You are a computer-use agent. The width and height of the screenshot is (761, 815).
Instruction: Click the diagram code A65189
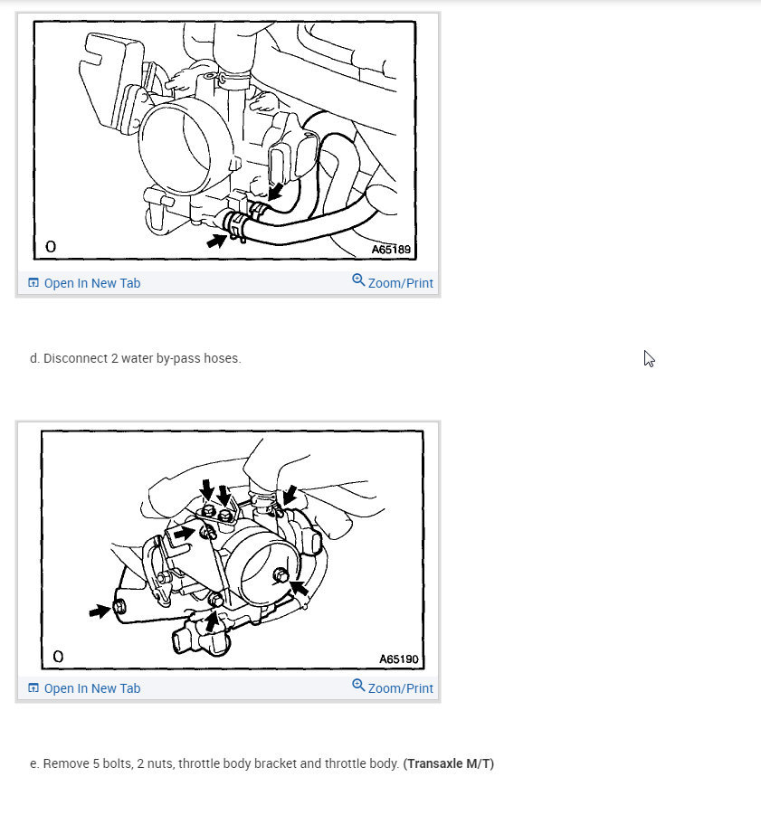click(x=391, y=250)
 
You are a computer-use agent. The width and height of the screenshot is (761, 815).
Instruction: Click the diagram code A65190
click(x=399, y=659)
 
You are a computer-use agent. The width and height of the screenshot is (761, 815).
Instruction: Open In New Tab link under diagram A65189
click(x=92, y=283)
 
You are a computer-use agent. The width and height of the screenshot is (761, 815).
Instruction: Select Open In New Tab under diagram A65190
click(x=92, y=688)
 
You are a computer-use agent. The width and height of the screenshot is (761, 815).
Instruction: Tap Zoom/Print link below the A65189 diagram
click(x=400, y=283)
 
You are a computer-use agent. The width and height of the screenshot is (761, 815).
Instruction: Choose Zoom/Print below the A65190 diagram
click(x=400, y=688)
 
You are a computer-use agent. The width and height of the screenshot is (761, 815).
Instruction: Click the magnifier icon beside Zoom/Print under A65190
click(x=358, y=685)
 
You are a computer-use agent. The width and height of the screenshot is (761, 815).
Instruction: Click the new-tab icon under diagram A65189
click(x=33, y=283)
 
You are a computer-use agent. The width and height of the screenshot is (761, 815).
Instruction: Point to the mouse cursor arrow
click(x=649, y=358)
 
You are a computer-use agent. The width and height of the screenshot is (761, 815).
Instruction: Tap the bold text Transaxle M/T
click(x=449, y=763)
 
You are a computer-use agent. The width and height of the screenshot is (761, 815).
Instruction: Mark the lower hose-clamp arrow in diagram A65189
click(x=216, y=241)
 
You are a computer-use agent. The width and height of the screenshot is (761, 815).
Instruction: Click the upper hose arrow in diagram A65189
click(x=275, y=191)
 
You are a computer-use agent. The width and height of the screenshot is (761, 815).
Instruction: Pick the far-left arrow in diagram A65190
click(x=100, y=611)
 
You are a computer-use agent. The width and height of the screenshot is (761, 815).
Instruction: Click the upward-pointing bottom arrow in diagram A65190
click(x=211, y=621)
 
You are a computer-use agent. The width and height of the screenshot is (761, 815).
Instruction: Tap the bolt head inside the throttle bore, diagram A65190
click(x=281, y=575)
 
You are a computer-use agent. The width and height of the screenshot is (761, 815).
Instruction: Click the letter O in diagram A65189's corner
click(x=51, y=246)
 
